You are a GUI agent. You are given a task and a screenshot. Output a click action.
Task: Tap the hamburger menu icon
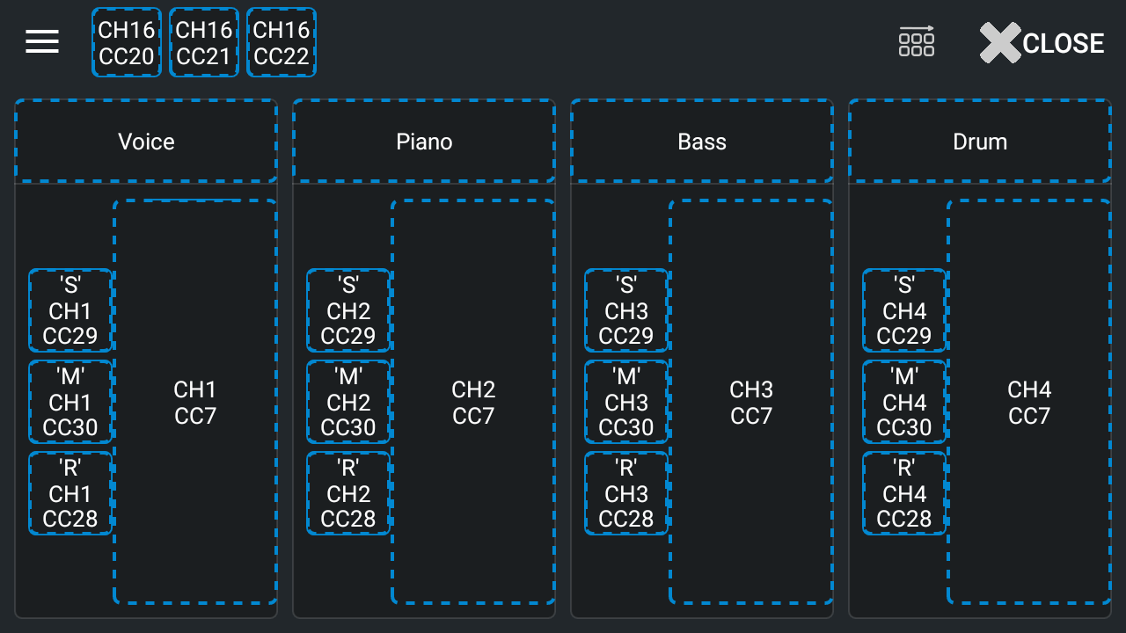(42, 41)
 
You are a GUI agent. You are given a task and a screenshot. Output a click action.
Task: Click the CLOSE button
(1042, 42)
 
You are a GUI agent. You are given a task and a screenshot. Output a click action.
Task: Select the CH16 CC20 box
(127, 42)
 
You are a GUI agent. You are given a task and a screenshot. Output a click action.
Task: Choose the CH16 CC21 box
(204, 42)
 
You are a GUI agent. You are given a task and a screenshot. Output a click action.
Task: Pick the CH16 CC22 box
(281, 42)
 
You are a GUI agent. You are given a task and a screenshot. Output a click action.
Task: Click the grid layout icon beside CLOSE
(917, 41)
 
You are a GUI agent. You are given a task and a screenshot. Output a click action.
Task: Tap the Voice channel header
(146, 142)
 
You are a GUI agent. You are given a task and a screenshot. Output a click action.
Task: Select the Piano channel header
(424, 142)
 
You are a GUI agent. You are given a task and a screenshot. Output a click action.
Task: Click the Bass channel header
(702, 142)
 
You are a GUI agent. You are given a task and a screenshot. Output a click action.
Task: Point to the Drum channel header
(980, 142)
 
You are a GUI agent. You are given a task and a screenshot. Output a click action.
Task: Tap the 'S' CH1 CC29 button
(70, 310)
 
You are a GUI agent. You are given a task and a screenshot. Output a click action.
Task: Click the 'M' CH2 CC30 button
(348, 402)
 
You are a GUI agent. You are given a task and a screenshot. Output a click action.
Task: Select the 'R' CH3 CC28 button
(626, 493)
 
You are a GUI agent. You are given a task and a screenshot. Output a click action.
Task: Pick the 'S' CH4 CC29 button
(904, 310)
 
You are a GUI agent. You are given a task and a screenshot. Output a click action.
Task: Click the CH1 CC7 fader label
(195, 403)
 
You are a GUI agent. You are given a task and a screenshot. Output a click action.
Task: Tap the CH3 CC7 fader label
(751, 403)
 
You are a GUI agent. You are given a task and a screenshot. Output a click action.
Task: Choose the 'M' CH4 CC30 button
(904, 402)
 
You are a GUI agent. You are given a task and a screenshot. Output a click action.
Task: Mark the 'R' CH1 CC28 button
(70, 493)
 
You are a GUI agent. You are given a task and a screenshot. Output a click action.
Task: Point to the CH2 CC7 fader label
(473, 403)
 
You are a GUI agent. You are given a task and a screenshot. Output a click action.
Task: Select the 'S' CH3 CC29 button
(626, 310)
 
